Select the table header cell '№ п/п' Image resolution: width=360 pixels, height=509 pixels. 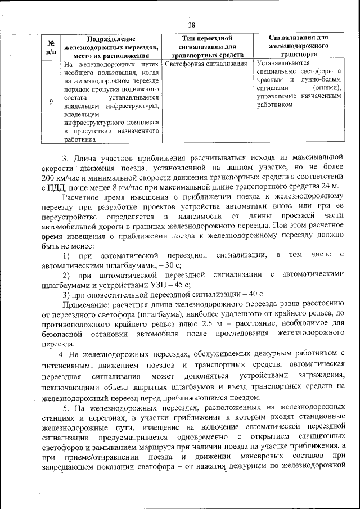click(x=51, y=47)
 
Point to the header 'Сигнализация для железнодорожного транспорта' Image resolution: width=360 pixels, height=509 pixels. click(x=298, y=47)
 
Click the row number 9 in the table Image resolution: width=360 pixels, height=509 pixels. click(x=51, y=101)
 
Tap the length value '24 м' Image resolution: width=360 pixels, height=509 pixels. click(x=331, y=186)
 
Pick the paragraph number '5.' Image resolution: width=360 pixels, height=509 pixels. click(x=66, y=407)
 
